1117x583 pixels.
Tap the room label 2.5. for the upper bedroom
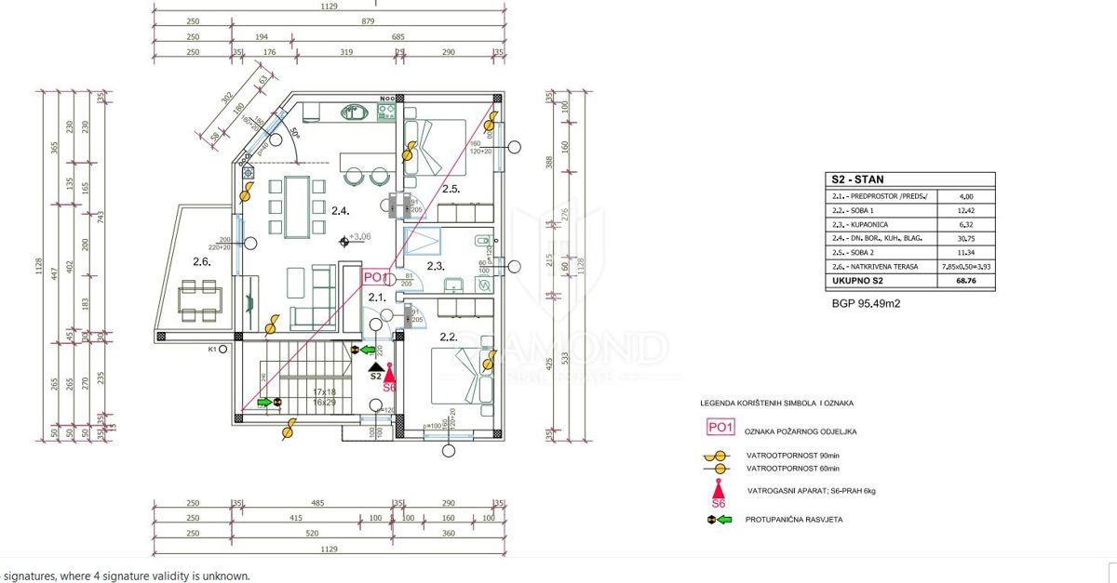[x=451, y=190]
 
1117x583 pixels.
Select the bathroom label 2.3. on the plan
[x=435, y=267]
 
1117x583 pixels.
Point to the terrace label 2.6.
[x=202, y=262]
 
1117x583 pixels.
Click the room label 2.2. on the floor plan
[x=445, y=338]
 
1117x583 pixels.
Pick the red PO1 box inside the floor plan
[x=374, y=276]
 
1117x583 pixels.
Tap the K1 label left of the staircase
[x=212, y=350]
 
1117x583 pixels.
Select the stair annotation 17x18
[x=324, y=392]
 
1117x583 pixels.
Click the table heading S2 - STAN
[x=857, y=181]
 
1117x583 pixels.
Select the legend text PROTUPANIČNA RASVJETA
[x=794, y=520]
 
